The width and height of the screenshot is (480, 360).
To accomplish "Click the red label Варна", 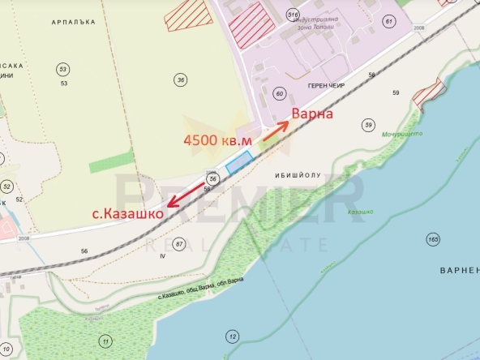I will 312,114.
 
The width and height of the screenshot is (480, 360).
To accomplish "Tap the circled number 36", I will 180,79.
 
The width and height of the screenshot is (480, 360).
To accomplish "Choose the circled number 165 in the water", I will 432,239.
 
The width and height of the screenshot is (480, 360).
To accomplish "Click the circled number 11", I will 104,340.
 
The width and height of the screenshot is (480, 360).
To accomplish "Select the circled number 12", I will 233,336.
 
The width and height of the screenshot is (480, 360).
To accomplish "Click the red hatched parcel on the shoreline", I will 428,95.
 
